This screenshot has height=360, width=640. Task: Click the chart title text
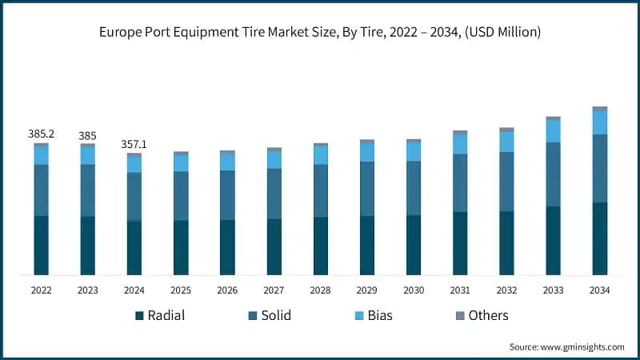coord(320,33)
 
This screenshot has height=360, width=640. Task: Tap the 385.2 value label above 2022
coord(41,134)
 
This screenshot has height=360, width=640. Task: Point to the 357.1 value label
coord(134,145)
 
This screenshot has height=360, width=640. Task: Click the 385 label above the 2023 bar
coord(87,136)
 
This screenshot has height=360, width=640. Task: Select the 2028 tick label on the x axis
coord(320,290)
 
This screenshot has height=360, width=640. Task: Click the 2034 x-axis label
coord(599,290)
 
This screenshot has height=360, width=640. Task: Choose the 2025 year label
coord(181,290)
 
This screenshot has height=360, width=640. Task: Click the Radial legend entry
coord(160,315)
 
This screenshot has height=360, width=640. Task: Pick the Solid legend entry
coord(268,315)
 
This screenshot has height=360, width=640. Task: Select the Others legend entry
coord(480,315)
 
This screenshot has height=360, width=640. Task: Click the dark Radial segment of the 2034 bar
coord(599,238)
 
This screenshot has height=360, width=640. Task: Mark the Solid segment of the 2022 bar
coord(41,190)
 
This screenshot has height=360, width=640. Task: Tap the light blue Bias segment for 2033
coord(553,131)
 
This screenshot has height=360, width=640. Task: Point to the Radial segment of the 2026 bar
coord(227,247)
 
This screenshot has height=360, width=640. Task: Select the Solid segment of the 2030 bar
coord(414,188)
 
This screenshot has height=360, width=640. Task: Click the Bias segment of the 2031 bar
coord(460,144)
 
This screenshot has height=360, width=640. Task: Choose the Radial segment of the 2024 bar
coord(134,248)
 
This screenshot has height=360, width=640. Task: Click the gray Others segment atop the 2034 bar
coord(599,108)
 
